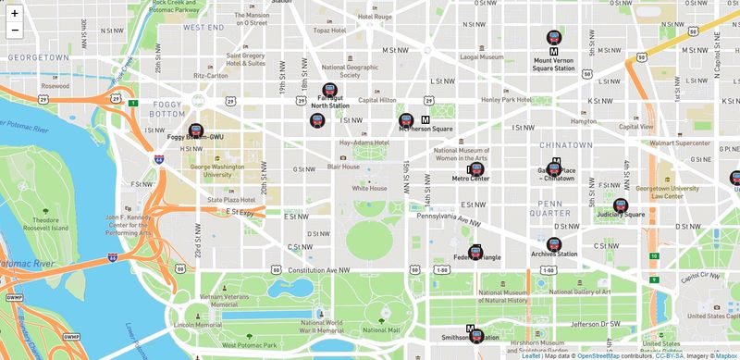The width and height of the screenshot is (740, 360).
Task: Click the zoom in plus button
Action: [x=15, y=13]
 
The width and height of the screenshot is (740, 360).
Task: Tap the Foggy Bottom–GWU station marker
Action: [x=195, y=131]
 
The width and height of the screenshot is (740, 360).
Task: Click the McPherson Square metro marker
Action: [x=406, y=120]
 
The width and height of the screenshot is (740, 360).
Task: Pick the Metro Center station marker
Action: [x=475, y=169]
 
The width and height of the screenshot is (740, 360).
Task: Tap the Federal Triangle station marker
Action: [x=475, y=250]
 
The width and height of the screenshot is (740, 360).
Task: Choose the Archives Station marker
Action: [x=554, y=245]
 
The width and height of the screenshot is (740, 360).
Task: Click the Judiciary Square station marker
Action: [x=621, y=205]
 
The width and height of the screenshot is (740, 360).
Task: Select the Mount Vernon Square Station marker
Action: [x=554, y=38]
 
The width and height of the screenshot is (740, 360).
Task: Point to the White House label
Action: [x=369, y=188]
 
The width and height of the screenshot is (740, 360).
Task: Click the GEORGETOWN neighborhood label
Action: [x=33, y=57]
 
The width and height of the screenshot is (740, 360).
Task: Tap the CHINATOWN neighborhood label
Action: [x=565, y=144]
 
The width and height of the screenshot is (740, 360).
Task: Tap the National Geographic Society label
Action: [x=350, y=71]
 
